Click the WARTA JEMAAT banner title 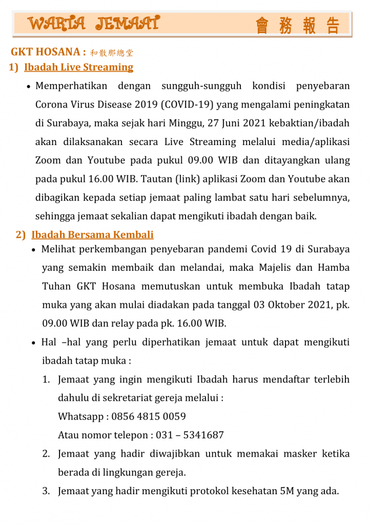coord(93,24)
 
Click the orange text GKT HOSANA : coord(48,52)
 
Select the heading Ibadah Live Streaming coord(78,67)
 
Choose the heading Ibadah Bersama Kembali coord(92,235)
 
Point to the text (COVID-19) coord(188,105)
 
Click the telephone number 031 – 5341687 coord(190,435)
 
